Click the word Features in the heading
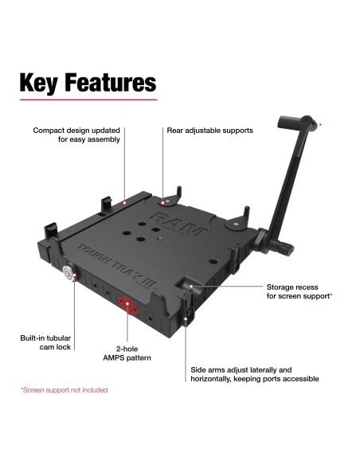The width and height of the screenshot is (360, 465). (111, 83)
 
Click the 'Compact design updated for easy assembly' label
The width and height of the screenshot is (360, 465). (76, 135)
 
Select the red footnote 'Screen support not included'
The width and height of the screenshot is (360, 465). (64, 390)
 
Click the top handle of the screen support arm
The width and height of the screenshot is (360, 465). (295, 124)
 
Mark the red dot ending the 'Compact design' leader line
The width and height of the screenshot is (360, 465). (125, 202)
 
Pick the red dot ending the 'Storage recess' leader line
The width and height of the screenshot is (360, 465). (190, 285)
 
